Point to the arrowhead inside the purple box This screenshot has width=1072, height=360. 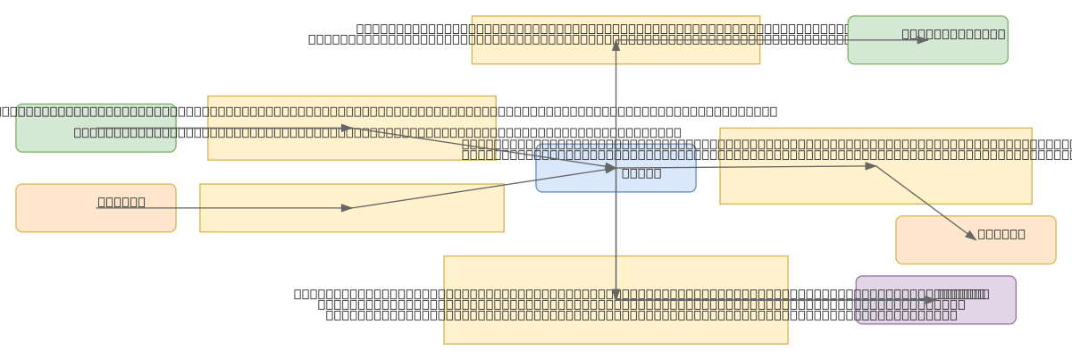click(929, 300)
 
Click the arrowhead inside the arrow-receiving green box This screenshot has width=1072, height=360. click(923, 40)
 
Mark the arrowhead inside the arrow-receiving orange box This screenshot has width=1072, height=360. click(971, 236)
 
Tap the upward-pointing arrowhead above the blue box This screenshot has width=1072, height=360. click(616, 46)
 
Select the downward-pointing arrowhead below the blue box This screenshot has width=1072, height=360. click(616, 294)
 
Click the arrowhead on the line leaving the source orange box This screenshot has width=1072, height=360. click(347, 208)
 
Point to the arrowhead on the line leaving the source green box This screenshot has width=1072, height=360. click(347, 128)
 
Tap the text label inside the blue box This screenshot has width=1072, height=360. click(641, 173)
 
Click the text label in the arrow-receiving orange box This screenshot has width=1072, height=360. click(1001, 234)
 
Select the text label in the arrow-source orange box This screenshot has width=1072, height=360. click(121, 202)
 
